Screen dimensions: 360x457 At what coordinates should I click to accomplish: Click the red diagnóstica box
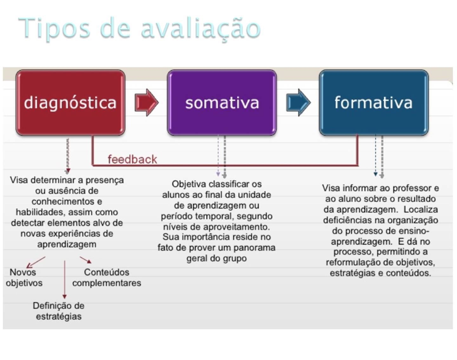[x=70, y=102]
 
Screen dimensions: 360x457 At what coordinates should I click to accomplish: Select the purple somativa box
[x=222, y=102]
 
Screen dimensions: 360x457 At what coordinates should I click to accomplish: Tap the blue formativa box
[x=374, y=102]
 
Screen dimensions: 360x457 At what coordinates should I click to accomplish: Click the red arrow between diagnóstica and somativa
[x=146, y=102]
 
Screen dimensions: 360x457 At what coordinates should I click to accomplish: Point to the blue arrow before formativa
[x=298, y=102]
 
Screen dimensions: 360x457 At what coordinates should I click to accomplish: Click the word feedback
[x=132, y=159]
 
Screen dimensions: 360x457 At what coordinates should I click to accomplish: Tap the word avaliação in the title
[x=201, y=29]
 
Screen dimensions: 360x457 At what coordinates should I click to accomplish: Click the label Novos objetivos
[x=24, y=278]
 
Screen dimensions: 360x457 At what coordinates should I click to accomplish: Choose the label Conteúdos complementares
[x=107, y=278]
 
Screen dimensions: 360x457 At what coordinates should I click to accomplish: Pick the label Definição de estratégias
[x=59, y=311]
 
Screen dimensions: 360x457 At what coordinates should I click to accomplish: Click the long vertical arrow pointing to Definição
[x=64, y=279]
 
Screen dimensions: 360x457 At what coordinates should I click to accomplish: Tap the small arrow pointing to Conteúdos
[x=86, y=260]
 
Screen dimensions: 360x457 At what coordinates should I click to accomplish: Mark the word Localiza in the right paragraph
[x=421, y=209]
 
